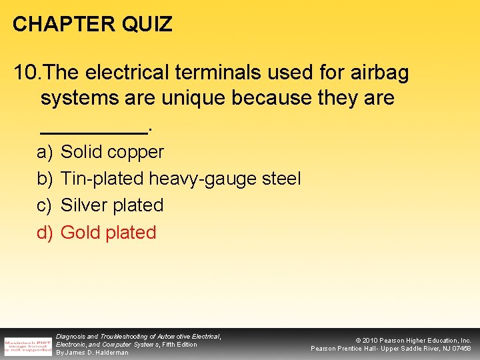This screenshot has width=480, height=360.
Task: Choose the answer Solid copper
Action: click(112, 152)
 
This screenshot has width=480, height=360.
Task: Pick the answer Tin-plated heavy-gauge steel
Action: click(181, 179)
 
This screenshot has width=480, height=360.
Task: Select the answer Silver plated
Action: click(112, 205)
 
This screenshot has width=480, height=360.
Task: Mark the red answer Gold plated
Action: click(108, 232)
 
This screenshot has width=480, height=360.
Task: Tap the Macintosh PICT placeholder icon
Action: click(28, 345)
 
